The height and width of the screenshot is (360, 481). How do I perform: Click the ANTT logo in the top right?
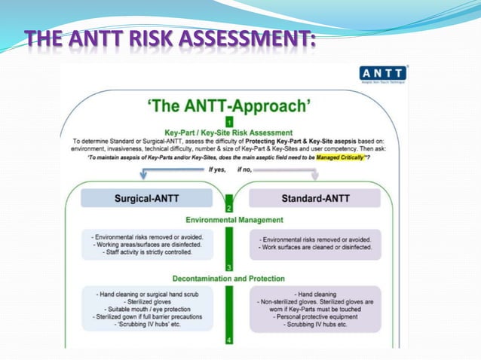(x=384, y=74)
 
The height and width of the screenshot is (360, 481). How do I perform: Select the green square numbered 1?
(x=229, y=121)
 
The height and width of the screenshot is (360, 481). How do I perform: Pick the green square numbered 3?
(x=229, y=267)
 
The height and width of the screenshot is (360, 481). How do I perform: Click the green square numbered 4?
(x=229, y=340)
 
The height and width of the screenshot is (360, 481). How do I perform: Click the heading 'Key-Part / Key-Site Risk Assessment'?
(x=228, y=133)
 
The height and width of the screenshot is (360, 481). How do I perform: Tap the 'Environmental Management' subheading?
(x=228, y=220)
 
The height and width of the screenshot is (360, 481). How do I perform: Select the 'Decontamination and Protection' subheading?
(x=228, y=278)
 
